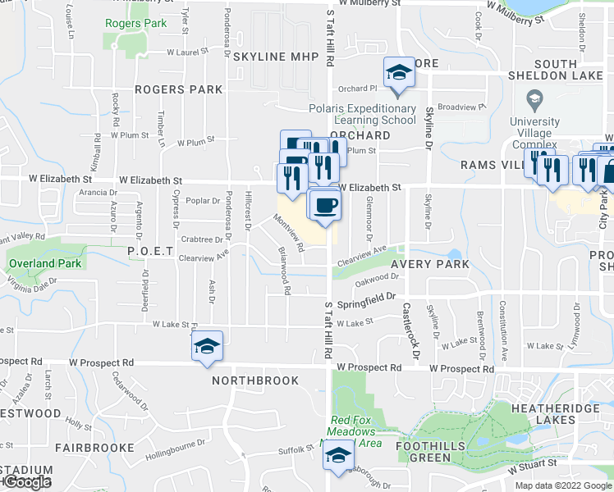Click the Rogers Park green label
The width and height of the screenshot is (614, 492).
tap(135, 23)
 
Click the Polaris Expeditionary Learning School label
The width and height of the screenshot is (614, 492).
tap(363, 114)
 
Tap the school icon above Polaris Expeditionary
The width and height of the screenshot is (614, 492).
tap(399, 73)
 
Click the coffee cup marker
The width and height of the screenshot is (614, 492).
tap(325, 204)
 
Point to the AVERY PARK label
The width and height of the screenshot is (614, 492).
tap(430, 265)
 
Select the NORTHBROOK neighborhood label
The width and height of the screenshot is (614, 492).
tap(251, 381)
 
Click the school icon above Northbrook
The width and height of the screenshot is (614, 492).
tap(208, 347)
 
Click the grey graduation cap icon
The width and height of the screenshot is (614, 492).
tap(534, 101)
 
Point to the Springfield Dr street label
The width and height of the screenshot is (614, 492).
tap(367, 300)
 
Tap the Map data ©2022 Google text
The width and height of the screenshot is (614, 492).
tap(561, 485)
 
